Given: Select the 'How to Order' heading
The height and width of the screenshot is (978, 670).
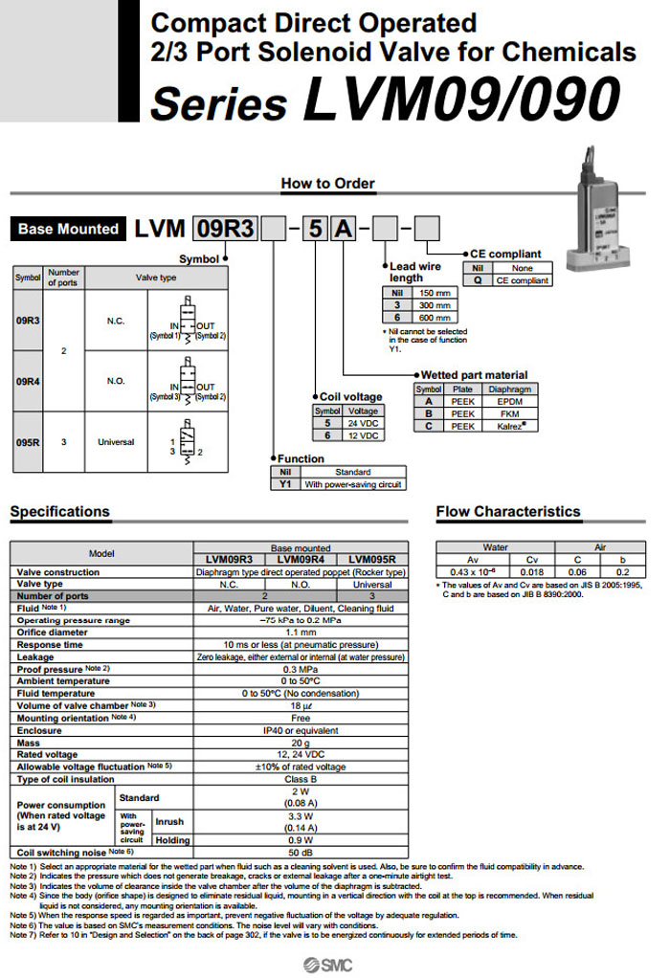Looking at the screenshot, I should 328,183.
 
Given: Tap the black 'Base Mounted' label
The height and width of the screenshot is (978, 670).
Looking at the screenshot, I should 68,230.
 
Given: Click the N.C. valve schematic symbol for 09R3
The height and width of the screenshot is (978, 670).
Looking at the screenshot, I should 187,321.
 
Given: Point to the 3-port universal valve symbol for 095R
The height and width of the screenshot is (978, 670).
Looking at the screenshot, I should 187,441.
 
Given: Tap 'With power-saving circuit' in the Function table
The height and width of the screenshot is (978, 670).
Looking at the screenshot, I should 352,484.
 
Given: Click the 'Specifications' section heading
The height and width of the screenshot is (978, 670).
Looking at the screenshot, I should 59,512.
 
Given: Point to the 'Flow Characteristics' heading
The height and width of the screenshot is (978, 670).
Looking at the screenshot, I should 508,512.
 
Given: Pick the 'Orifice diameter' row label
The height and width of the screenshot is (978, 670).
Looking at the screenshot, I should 53,632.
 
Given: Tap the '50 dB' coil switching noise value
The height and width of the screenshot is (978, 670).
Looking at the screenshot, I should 301,852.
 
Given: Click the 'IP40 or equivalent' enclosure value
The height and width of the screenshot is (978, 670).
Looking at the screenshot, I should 301,730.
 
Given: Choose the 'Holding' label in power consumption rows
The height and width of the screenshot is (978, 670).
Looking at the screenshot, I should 173,839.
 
